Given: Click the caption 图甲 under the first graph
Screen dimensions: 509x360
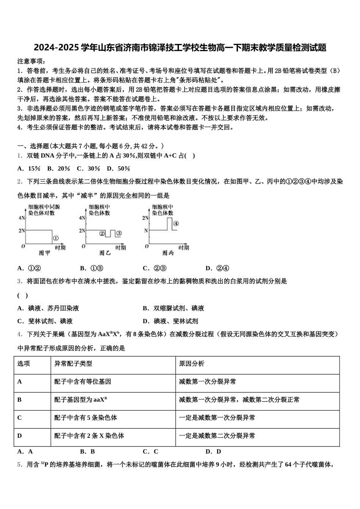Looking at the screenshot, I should [x=44, y=253].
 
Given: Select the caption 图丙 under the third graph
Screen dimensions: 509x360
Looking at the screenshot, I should [x=168, y=253].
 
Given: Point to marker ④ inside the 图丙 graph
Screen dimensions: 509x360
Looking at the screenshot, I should [x=175, y=223].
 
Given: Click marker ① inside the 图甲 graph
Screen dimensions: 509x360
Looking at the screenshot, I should [x=55, y=238].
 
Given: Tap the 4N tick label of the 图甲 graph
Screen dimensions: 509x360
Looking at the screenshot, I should [x=22, y=218].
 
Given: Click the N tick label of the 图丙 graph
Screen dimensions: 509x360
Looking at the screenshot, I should [x=146, y=230].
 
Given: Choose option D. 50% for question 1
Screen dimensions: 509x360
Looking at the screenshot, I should [x=118, y=169].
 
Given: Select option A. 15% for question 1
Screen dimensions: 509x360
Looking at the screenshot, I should [x=29, y=169].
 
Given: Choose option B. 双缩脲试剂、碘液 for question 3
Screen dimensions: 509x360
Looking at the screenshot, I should [x=174, y=308].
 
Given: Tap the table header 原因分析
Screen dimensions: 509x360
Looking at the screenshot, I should [x=192, y=364].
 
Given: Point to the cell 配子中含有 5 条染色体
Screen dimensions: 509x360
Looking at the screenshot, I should [x=86, y=418].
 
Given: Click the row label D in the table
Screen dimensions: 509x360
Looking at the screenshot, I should [x=20, y=436].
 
